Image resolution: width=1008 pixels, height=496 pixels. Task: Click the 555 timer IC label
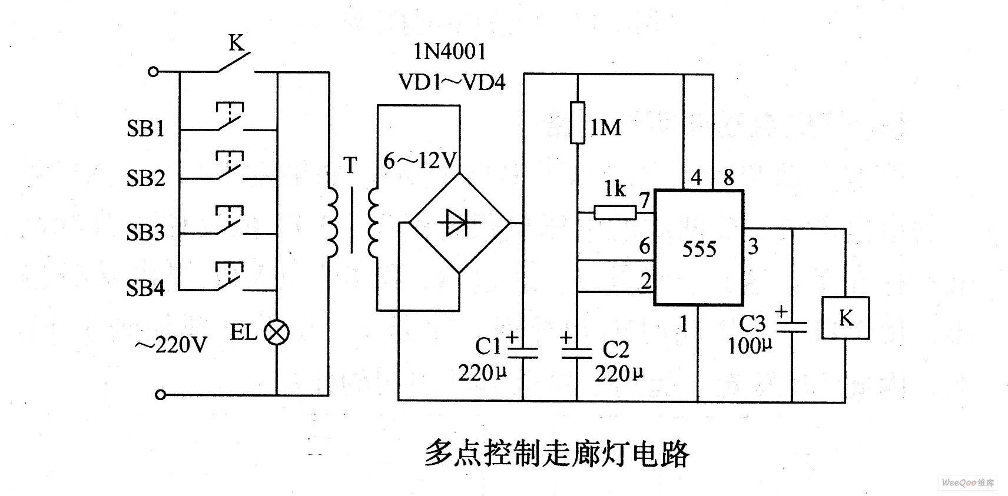tap(699, 249)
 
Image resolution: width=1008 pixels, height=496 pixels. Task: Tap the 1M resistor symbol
tap(577, 122)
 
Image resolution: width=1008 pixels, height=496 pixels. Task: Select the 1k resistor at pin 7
tap(615, 212)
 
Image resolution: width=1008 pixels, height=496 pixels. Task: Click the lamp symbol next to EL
tap(276, 333)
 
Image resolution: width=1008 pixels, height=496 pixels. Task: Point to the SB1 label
tap(145, 128)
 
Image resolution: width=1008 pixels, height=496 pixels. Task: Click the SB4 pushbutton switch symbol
tap(229, 279)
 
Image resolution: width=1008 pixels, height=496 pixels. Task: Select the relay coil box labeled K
tap(845, 318)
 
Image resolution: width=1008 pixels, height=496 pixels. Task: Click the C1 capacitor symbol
tap(523, 352)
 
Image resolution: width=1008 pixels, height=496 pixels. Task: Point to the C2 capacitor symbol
tap(576, 352)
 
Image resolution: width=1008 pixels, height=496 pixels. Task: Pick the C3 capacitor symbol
tap(792, 327)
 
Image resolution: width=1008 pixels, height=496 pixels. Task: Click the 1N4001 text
tap(449, 52)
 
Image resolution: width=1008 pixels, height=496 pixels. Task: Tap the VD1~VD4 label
tap(452, 82)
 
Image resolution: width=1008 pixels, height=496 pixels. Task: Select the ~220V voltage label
tap(170, 345)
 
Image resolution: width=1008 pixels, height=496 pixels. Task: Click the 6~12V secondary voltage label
tap(420, 160)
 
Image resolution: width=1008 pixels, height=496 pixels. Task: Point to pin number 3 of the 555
tap(753, 246)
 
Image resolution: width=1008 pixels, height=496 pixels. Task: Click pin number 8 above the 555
tap(728, 177)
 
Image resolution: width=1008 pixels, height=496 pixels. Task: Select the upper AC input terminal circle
tap(153, 72)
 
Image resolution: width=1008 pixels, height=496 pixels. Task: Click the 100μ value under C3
tap(750, 345)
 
